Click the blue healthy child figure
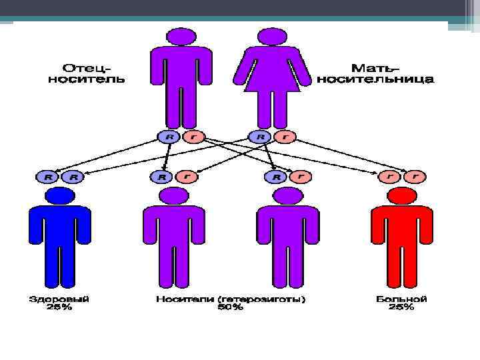(60, 240)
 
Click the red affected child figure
(402, 240)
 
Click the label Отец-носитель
(87, 73)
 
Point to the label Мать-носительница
(375, 73)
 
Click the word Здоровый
(60, 299)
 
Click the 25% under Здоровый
(60, 307)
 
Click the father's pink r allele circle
(193, 137)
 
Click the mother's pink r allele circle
(285, 137)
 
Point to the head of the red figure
(402, 196)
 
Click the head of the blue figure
(60, 196)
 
